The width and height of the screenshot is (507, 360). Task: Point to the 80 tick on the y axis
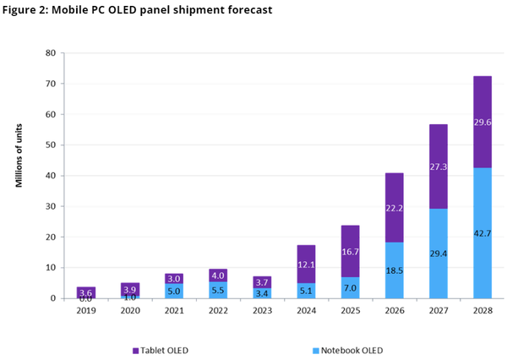(50, 53)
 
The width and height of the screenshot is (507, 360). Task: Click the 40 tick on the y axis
(50, 176)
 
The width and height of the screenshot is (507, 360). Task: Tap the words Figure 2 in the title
(29, 10)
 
